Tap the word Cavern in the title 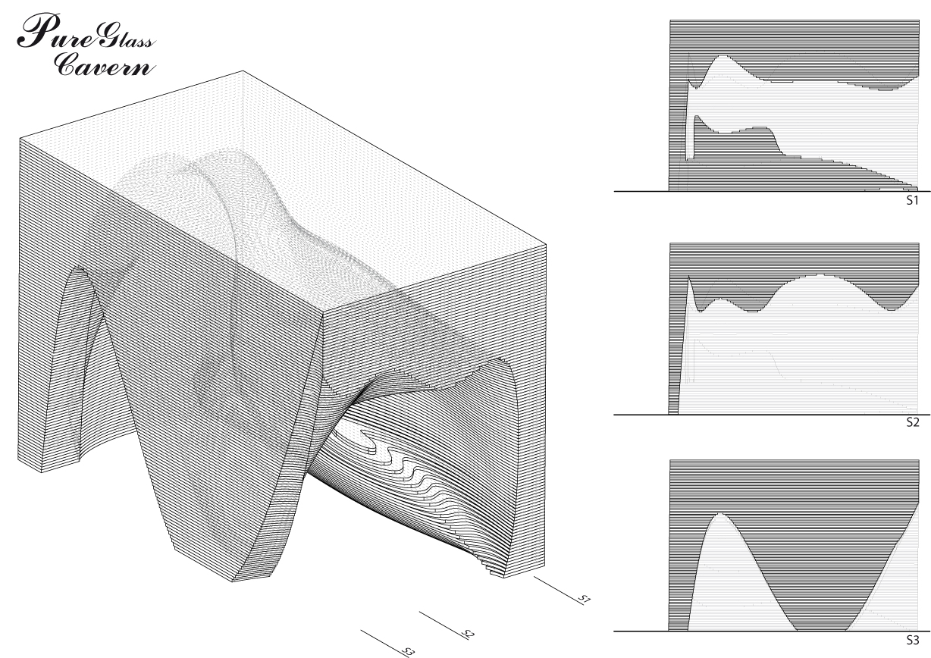tap(104, 64)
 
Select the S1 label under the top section tap(912, 200)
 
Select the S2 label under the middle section tap(912, 422)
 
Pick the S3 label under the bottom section tap(912, 640)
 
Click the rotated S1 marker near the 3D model tap(585, 599)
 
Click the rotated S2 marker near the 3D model tap(468, 634)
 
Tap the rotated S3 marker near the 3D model tap(409, 652)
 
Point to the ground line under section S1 tap(772, 192)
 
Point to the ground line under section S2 tap(772, 415)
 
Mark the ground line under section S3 tap(772, 631)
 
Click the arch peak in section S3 tap(719, 514)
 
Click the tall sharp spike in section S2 tap(688, 277)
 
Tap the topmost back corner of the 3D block tap(243, 70)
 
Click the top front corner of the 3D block tap(324, 311)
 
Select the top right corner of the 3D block tap(546, 244)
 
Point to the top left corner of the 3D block tap(20, 138)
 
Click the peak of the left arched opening tap(79, 267)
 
